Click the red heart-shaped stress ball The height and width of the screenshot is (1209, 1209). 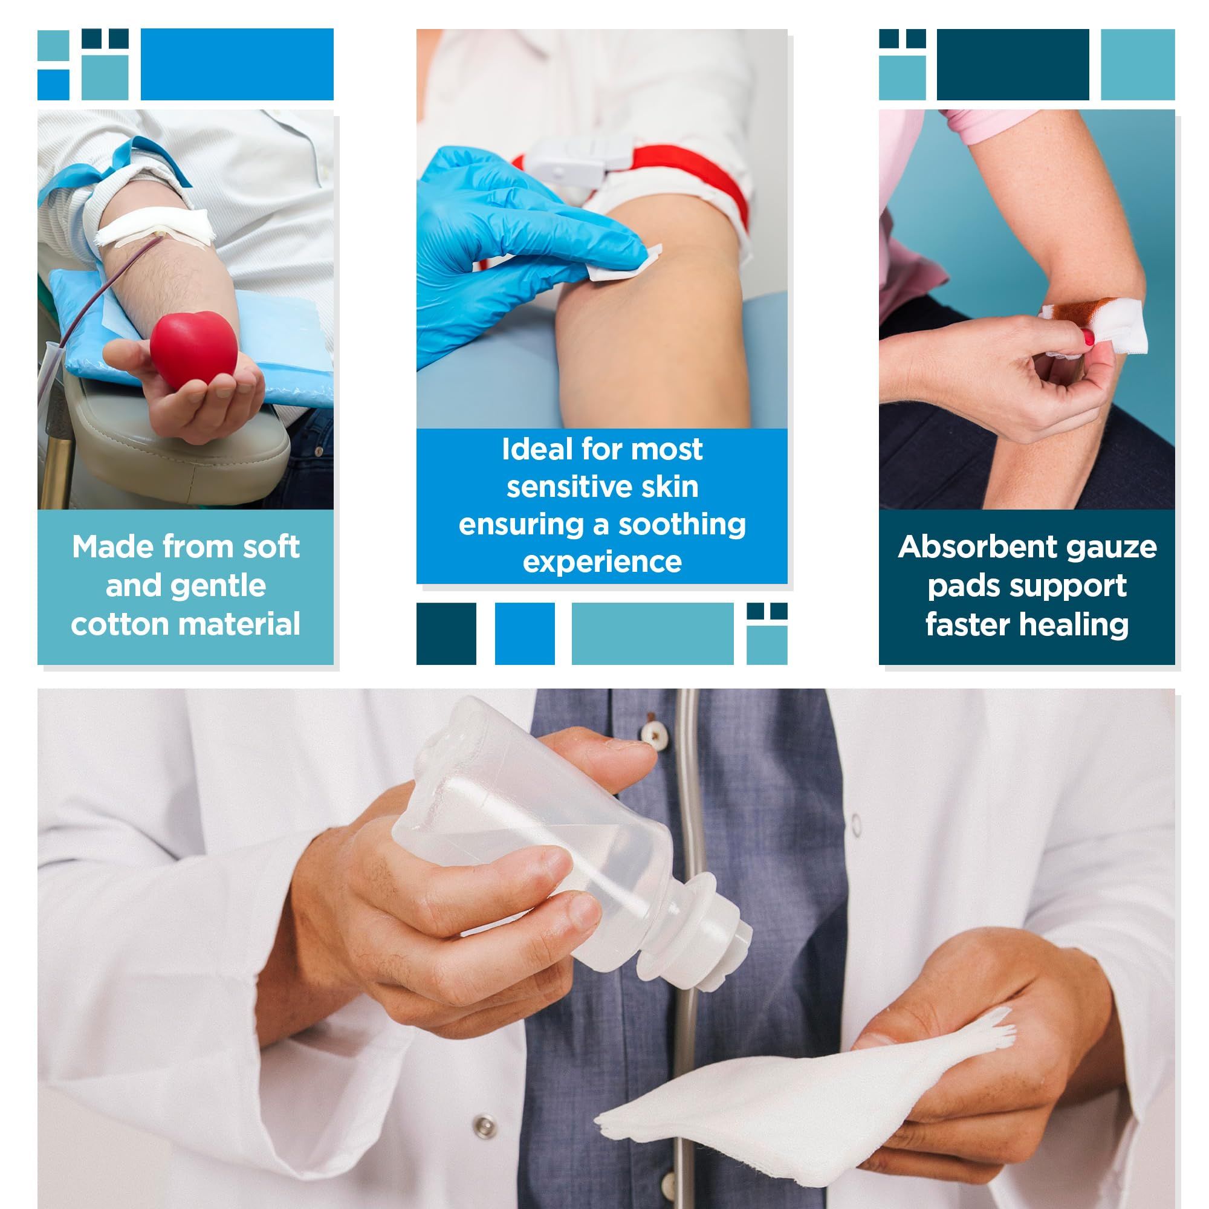(x=194, y=351)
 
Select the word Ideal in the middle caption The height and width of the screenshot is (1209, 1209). (x=537, y=449)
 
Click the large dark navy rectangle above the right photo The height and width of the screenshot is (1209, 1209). (x=1013, y=65)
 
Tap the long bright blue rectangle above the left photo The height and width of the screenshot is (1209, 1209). (x=237, y=65)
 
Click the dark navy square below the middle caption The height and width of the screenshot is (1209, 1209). (x=446, y=634)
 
